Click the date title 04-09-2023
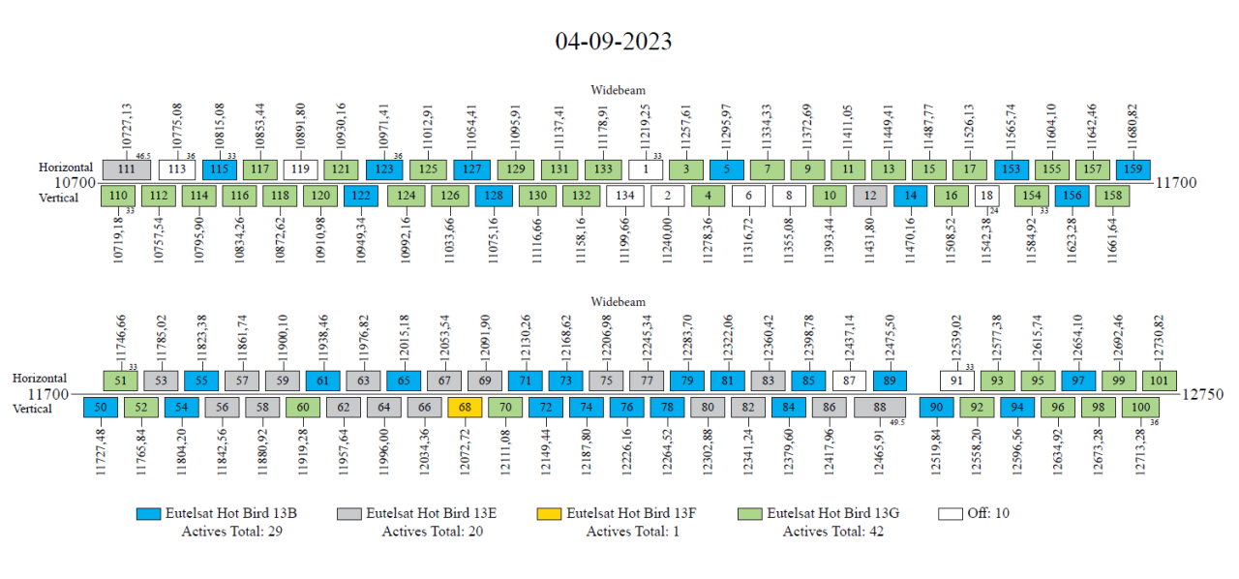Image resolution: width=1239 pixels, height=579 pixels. tap(613, 42)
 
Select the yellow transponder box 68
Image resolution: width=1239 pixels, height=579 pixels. tap(465, 408)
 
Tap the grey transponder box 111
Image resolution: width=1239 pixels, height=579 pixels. tap(126, 169)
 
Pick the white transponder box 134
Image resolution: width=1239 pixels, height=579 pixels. tap(625, 197)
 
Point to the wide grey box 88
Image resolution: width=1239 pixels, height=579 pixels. tap(879, 408)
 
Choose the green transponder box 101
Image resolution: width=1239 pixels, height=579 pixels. tap(1160, 381)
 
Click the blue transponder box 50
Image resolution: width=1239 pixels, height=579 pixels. tap(100, 408)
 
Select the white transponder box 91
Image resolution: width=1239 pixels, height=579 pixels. tap(957, 381)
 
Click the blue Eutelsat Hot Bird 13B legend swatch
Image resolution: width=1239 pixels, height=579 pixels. tap(149, 513)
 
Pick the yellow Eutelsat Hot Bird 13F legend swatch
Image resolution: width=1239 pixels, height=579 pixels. tap(549, 513)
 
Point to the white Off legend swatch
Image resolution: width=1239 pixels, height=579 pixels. tap(951, 513)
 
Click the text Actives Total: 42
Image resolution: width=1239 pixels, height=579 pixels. tap(832, 531)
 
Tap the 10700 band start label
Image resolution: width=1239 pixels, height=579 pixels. tap(75, 182)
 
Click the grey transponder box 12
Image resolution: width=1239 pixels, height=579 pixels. tap(870, 197)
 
